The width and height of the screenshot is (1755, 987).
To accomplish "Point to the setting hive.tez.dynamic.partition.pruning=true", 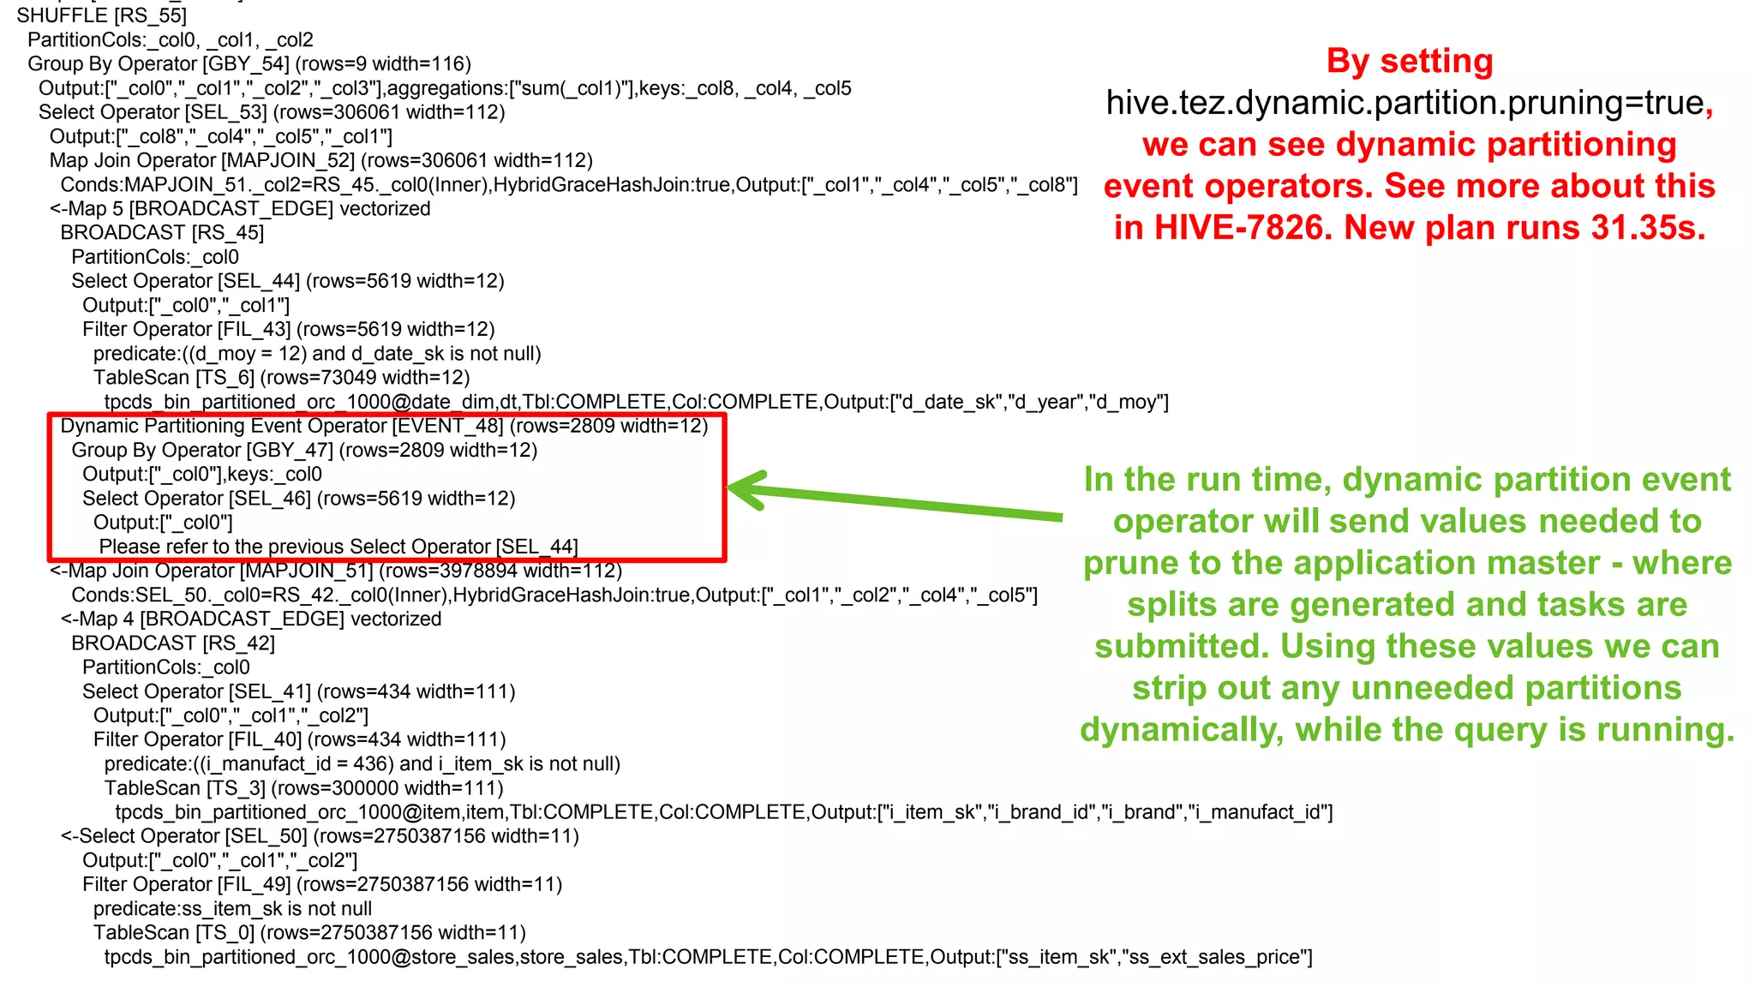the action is tap(1405, 103).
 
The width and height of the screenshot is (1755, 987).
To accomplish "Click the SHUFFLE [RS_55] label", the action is tap(101, 15).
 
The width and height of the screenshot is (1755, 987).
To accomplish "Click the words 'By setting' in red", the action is tap(1410, 62).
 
